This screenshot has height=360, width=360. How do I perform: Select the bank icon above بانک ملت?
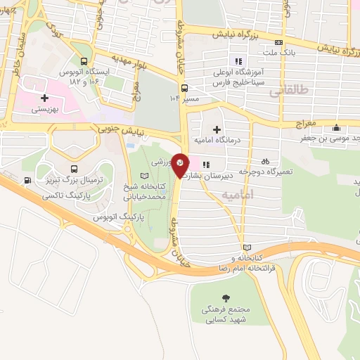(280, 42)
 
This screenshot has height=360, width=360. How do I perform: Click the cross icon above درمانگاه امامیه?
(217, 129)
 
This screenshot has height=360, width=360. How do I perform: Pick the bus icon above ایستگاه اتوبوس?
(85, 61)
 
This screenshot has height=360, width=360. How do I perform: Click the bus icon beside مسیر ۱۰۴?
(184, 88)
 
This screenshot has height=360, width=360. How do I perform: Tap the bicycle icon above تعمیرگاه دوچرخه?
(265, 160)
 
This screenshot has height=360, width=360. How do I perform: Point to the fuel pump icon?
(27, 180)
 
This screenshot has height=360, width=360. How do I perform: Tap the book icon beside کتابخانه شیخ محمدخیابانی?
(145, 175)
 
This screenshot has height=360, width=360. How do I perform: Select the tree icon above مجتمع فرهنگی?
(226, 297)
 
